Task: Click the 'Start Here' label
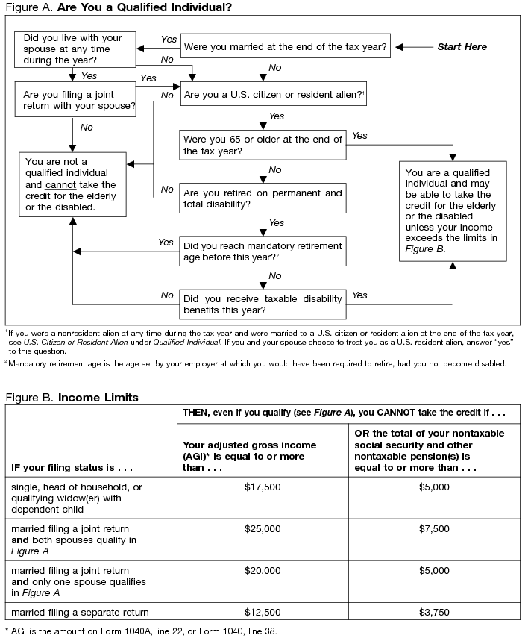click(462, 47)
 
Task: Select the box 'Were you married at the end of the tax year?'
click(285, 47)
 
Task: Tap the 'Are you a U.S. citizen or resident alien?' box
click(273, 95)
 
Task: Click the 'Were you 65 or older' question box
click(263, 145)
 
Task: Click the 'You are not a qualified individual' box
click(72, 184)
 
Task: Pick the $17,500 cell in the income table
click(263, 487)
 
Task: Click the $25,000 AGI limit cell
click(263, 528)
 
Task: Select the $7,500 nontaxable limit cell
click(435, 528)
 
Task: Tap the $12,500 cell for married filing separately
click(263, 612)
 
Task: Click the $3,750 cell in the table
click(435, 612)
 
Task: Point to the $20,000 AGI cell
click(263, 570)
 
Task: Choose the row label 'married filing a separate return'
click(79, 612)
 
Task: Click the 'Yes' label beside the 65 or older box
click(359, 136)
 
